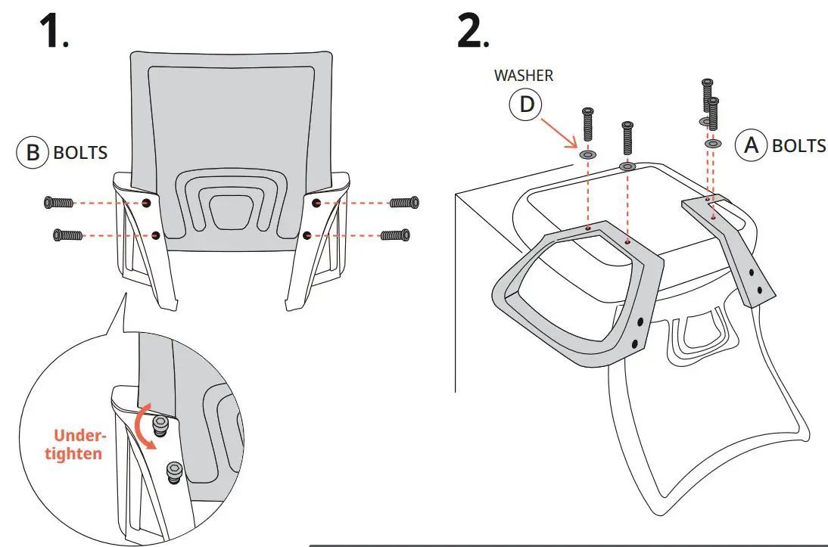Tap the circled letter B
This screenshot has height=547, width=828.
pyautogui.click(x=33, y=152)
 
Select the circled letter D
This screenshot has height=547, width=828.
pyautogui.click(x=525, y=105)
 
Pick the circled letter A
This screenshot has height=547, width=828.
pyautogui.click(x=752, y=145)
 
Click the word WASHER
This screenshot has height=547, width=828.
pyautogui.click(x=524, y=76)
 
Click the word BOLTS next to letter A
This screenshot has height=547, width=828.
pyautogui.click(x=798, y=145)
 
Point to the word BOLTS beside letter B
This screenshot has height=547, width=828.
pyautogui.click(x=80, y=153)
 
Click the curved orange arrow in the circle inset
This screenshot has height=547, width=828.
pyautogui.click(x=143, y=428)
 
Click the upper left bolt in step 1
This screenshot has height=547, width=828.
pyautogui.click(x=58, y=203)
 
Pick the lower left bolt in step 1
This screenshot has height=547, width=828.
pyautogui.click(x=67, y=235)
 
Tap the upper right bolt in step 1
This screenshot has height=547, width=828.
pyautogui.click(x=403, y=203)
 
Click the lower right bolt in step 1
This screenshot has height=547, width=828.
pyautogui.click(x=395, y=235)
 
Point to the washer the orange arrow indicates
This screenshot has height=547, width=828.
pyautogui.click(x=587, y=155)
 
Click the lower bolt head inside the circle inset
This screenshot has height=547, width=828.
pyautogui.click(x=174, y=472)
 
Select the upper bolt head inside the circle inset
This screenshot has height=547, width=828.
pyautogui.click(x=160, y=425)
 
